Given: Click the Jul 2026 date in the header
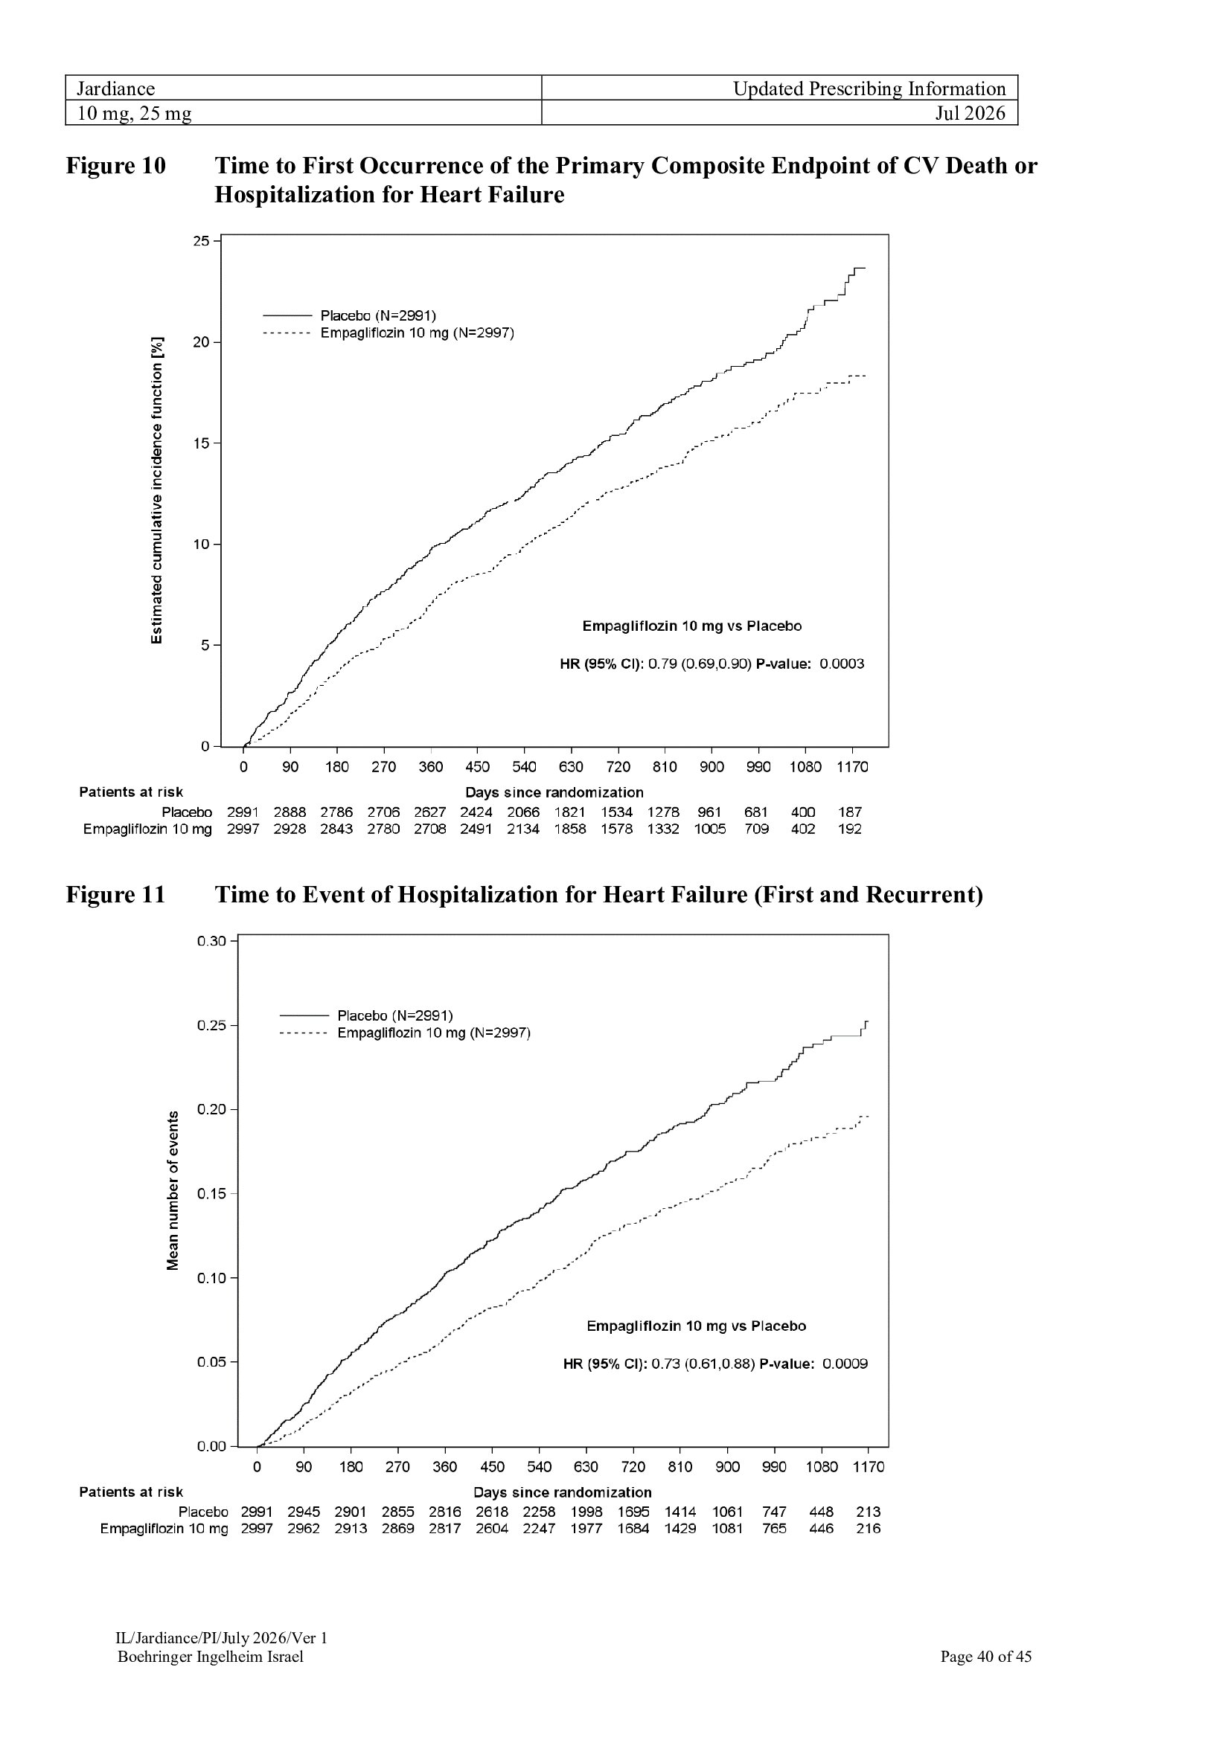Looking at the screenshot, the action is (x=970, y=113).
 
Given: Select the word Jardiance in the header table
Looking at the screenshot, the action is (x=116, y=89).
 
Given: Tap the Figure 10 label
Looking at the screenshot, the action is (x=115, y=165).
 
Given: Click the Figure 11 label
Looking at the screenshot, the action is (x=115, y=894).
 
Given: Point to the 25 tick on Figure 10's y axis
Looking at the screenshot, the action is (x=201, y=241).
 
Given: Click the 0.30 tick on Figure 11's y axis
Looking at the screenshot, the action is (x=212, y=941).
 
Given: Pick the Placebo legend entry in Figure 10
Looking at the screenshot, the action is (x=350, y=315).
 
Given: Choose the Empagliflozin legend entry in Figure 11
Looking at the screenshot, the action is (x=405, y=1033).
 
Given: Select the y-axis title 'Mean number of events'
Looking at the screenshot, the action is (x=173, y=1190).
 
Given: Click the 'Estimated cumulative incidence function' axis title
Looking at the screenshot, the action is (x=157, y=490).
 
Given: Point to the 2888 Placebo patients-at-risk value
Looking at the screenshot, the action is (x=290, y=812).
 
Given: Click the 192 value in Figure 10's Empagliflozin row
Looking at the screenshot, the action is (x=849, y=829).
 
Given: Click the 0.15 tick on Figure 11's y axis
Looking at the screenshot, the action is (x=212, y=1195).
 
